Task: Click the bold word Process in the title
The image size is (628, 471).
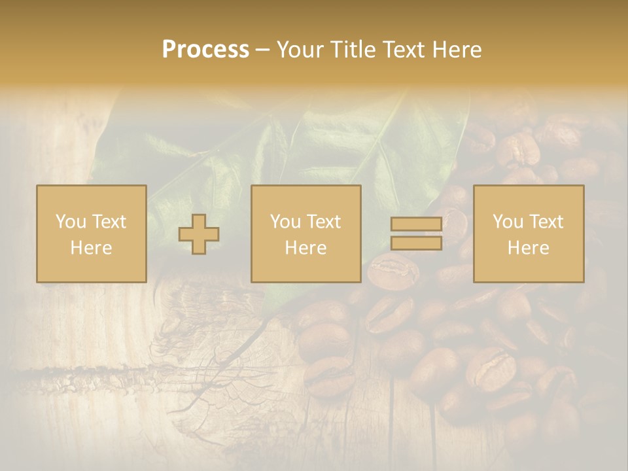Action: pyautogui.click(x=205, y=50)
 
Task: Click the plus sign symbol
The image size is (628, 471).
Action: pyautogui.click(x=199, y=234)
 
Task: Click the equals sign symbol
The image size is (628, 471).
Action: pyautogui.click(x=416, y=234)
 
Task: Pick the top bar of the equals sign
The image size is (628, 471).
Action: pyautogui.click(x=416, y=224)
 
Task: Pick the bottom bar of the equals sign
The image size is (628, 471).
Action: pyautogui.click(x=416, y=243)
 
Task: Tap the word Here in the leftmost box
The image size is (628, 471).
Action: pyautogui.click(x=91, y=248)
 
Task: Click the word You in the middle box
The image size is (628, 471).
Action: pyautogui.click(x=285, y=222)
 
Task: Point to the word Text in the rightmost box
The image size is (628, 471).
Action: pyautogui.click(x=547, y=222)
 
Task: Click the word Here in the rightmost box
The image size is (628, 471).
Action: pyautogui.click(x=528, y=248)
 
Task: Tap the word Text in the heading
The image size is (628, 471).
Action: pyautogui.click(x=404, y=50)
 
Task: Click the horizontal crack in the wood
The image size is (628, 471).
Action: pyautogui.click(x=98, y=374)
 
